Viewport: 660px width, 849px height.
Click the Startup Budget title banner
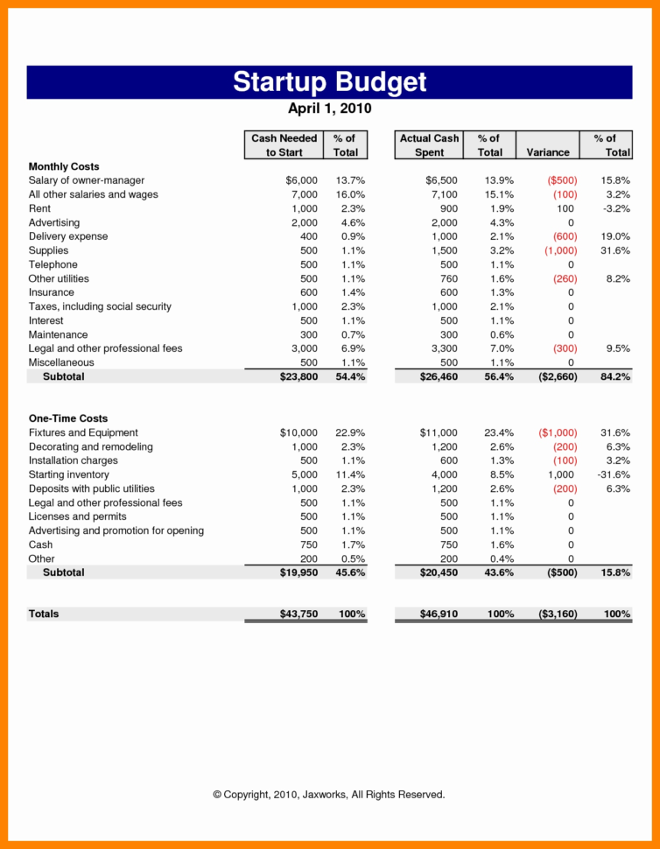329,81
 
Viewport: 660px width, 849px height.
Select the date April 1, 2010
329,109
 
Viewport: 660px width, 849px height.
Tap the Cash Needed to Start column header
284,145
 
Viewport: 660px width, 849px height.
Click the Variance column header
548,152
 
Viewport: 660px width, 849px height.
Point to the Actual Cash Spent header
429,145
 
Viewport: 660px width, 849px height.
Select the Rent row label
39,208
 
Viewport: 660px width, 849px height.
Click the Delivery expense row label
68,236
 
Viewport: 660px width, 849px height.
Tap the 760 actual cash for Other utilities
446,278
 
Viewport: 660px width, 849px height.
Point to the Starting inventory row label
69,474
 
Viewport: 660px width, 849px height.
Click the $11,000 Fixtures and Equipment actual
438,432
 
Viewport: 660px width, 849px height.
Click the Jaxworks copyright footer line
329,795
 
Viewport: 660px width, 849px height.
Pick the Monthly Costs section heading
64,166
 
